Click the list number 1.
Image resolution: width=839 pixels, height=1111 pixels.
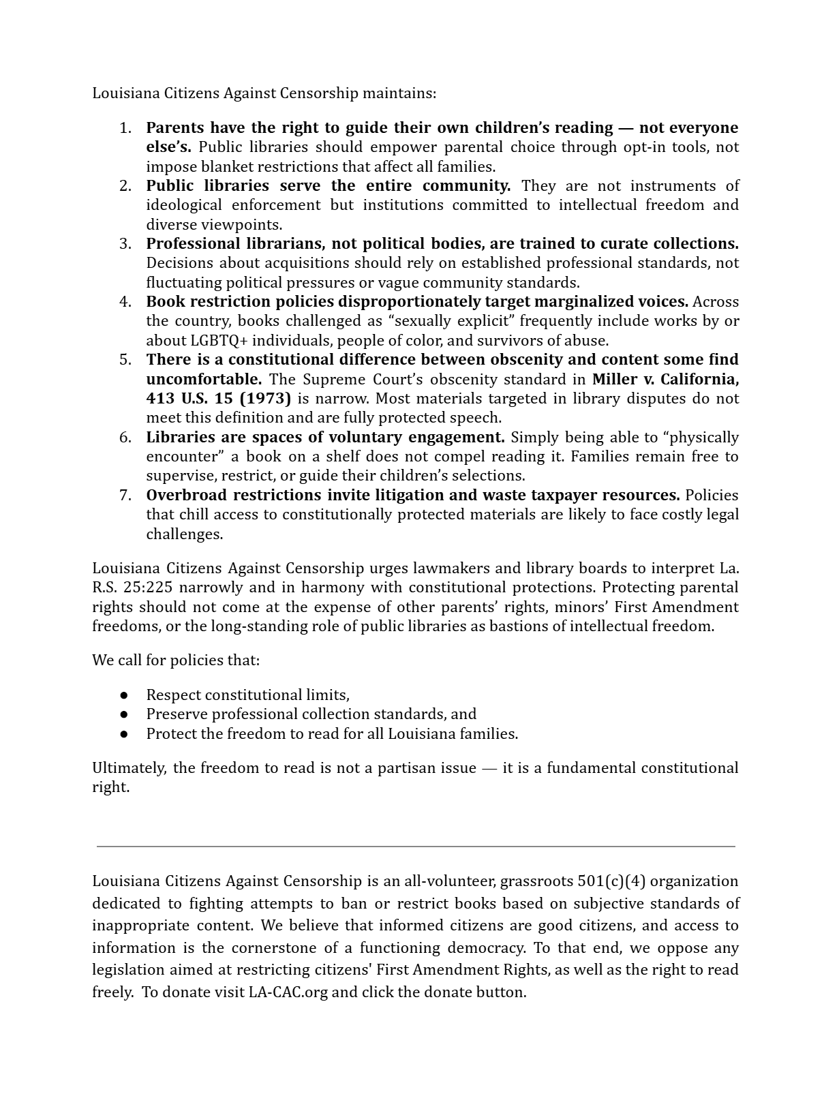point(125,128)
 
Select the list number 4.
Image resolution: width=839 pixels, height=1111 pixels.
point(125,302)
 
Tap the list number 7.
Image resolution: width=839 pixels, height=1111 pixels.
point(125,496)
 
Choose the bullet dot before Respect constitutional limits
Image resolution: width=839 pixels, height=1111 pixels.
point(124,695)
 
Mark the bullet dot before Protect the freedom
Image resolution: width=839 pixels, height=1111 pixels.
point(124,734)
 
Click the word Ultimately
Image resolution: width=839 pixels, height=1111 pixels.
point(129,768)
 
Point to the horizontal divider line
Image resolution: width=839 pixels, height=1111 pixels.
point(416,847)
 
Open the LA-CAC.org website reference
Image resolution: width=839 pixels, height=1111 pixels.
point(288,992)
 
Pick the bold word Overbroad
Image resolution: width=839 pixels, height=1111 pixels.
point(187,496)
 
